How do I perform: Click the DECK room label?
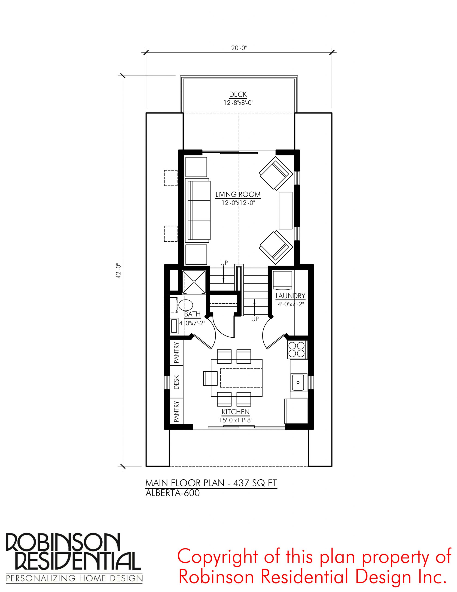coord(238,94)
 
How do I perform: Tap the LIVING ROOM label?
coord(238,194)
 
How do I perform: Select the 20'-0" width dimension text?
coord(239,48)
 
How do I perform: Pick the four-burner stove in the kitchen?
coord(297,349)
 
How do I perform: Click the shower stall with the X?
coord(194,282)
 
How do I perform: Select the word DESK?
coord(176,382)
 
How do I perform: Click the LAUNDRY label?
coord(290,296)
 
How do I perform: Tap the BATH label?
coord(192,314)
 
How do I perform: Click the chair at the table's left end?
coord(210,378)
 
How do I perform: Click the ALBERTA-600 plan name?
coord(173,493)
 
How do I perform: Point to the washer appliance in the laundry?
coord(282,279)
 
